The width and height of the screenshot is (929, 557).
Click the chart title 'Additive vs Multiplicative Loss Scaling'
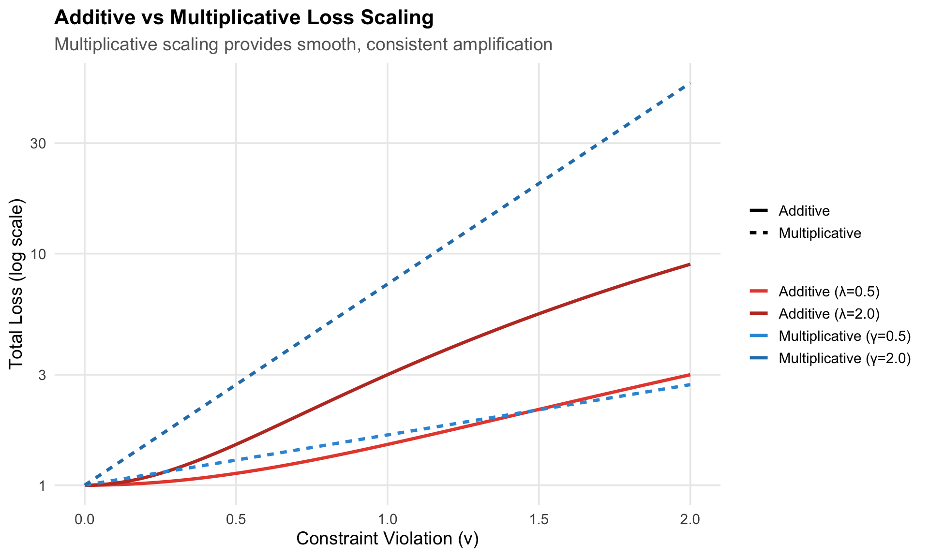244,18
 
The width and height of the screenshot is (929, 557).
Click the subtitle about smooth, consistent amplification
303,44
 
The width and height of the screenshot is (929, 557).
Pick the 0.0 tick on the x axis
85,520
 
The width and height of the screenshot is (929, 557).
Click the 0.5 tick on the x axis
236,520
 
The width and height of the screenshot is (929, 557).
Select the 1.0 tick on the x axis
387,520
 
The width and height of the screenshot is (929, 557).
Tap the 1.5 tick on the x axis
539,520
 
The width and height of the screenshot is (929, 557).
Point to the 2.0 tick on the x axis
690,520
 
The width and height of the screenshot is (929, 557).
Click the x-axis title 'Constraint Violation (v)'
387,539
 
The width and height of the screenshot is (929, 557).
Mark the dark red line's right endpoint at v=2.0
689,264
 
